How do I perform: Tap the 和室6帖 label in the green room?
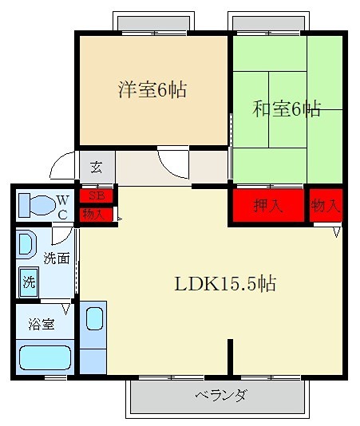coord(288,109)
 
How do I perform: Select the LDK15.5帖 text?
coord(226,283)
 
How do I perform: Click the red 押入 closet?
coord(268,206)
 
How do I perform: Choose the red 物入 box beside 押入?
coord(326,206)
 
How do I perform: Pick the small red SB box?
coord(97,195)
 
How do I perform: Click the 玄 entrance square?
coord(96,168)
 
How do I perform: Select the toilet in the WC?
coord(35,203)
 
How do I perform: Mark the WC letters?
coord(62,204)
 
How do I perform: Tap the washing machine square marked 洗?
coord(29,282)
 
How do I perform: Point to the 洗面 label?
coord(56,258)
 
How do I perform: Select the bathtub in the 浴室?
coord(45,356)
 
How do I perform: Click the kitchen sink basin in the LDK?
coord(93,318)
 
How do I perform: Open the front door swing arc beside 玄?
coord(62,166)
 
